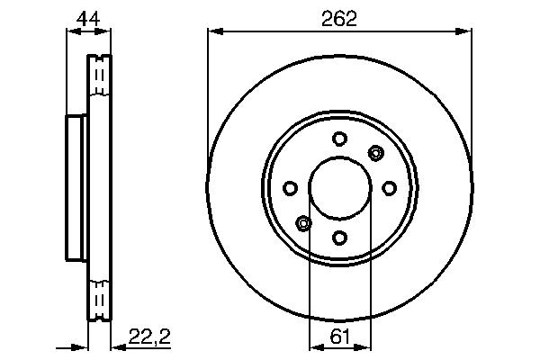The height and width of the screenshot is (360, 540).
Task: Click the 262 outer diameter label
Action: coord(339,17)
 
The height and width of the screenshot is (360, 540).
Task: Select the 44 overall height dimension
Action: coord(87,17)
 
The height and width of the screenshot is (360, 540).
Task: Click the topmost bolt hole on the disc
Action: coord(339,139)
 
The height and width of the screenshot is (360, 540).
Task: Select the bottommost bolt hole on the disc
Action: coord(339,237)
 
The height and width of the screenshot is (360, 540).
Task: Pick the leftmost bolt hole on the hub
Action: coord(290,188)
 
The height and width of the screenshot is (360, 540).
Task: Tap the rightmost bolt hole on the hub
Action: coord(389,188)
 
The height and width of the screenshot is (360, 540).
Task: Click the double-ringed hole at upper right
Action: coord(375,153)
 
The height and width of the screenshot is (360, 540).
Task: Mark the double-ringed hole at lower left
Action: coord(303,223)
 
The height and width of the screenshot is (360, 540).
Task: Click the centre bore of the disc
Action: coord(339,188)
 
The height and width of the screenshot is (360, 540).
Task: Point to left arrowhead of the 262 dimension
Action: coord(213,32)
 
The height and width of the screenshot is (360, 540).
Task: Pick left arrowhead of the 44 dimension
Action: coord(71,32)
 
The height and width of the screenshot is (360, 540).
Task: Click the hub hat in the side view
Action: coord(76,187)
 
